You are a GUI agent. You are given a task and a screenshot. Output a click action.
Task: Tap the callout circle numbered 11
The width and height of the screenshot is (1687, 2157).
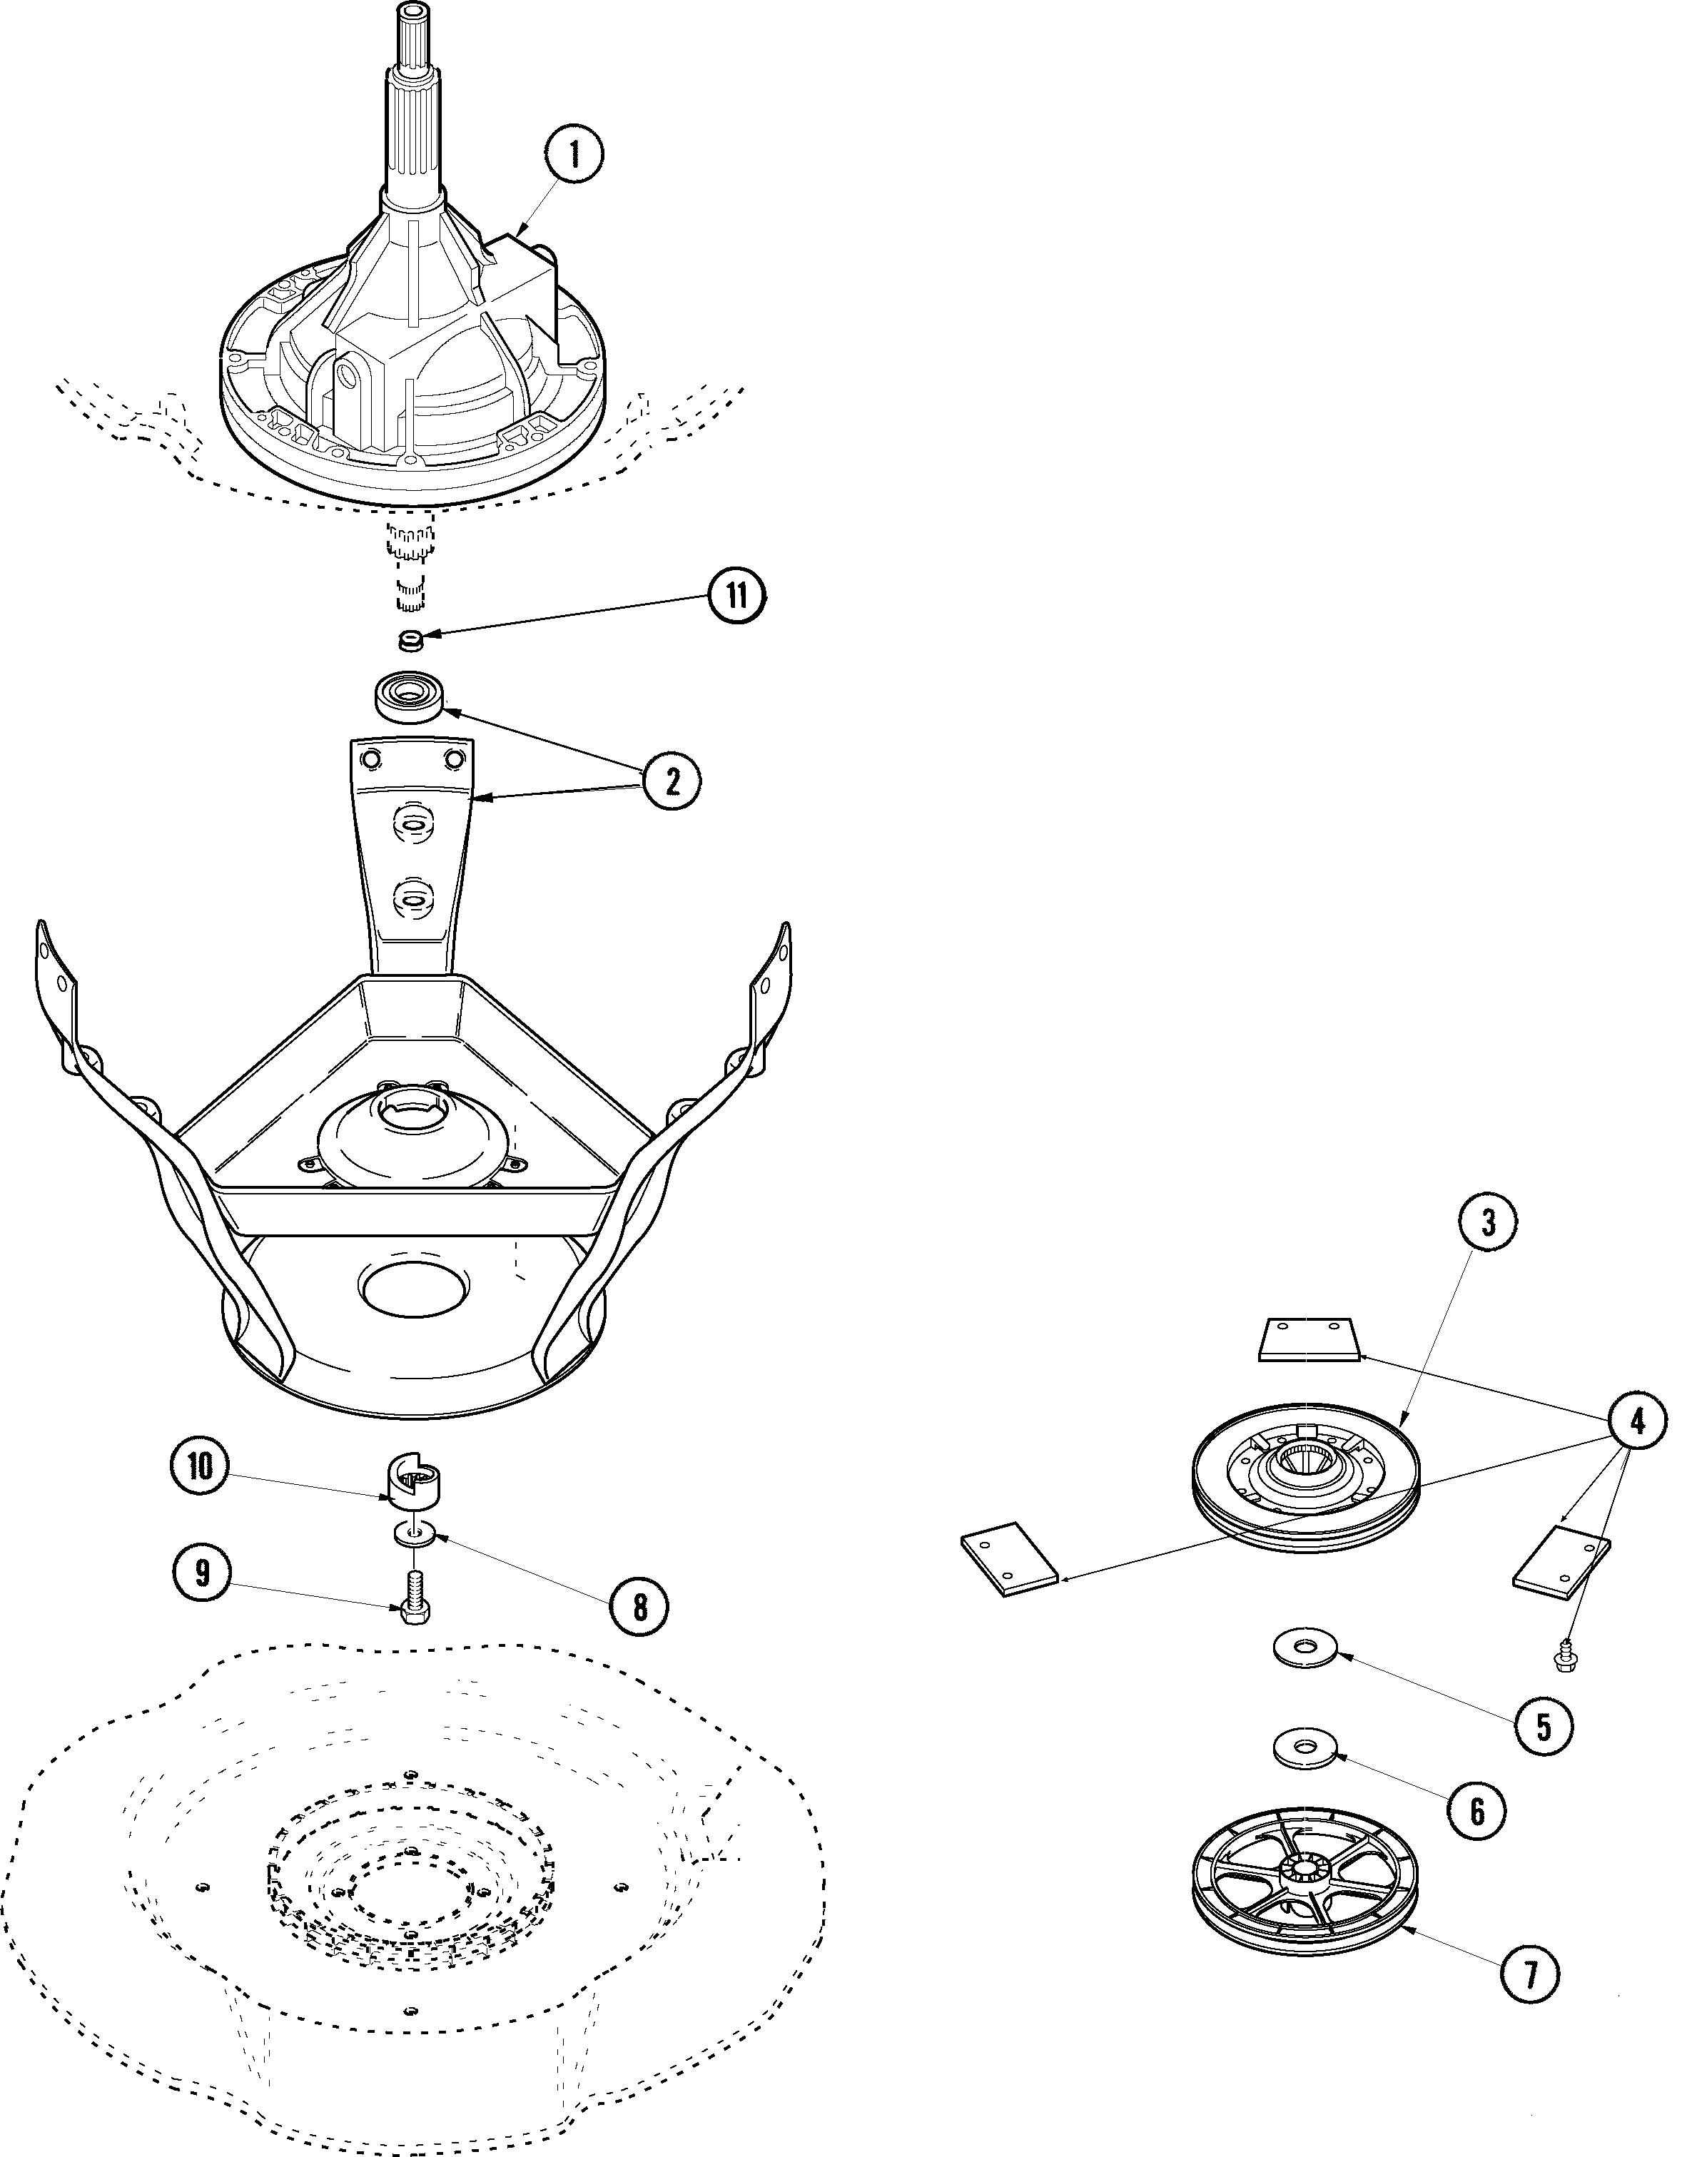coord(736,596)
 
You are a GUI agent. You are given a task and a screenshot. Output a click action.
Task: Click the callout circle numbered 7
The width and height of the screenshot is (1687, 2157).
coord(1530,1974)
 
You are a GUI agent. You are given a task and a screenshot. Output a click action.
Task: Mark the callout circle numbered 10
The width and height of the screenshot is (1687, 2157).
coord(201,1466)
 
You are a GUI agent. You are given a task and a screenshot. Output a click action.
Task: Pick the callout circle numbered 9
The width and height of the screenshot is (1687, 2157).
coord(203,1573)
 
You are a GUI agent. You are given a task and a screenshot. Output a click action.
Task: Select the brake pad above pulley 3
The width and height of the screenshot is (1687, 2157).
coord(1307,1339)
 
